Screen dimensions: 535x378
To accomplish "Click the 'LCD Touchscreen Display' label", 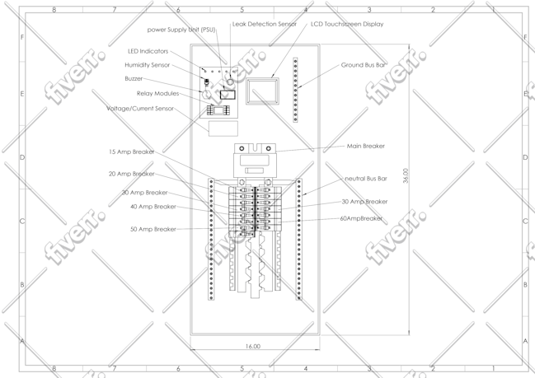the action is click(347, 24).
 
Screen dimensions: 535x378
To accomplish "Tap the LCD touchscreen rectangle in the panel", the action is click(262, 91).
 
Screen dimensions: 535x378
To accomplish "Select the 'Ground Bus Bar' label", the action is click(364, 65).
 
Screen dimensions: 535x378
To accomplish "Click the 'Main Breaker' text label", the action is click(366, 147).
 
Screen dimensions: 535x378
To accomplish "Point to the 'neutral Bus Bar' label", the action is click(366, 179).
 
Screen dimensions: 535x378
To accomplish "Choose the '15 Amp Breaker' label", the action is click(132, 152).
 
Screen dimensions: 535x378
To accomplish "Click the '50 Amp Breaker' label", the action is click(153, 230).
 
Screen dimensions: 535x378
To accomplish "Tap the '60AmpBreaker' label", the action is click(361, 218).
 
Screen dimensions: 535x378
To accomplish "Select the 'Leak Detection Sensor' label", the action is click(265, 24).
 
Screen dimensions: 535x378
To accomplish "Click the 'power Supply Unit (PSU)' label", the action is click(181, 30).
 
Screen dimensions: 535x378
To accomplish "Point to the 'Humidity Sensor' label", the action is click(147, 65).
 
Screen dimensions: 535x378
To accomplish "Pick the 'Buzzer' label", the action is click(134, 79).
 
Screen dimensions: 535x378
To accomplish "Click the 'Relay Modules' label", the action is click(158, 93).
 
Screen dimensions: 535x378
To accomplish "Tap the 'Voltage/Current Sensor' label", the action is click(140, 109).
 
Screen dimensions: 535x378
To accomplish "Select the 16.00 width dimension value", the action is click(253, 347).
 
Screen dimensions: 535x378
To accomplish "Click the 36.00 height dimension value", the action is click(406, 175).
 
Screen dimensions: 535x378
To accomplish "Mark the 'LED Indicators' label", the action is click(148, 51).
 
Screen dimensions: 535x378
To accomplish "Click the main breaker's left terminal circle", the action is click(242, 148).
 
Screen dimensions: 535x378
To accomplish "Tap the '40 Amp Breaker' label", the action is click(153, 207).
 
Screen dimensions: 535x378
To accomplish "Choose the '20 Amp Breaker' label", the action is click(132, 174).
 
